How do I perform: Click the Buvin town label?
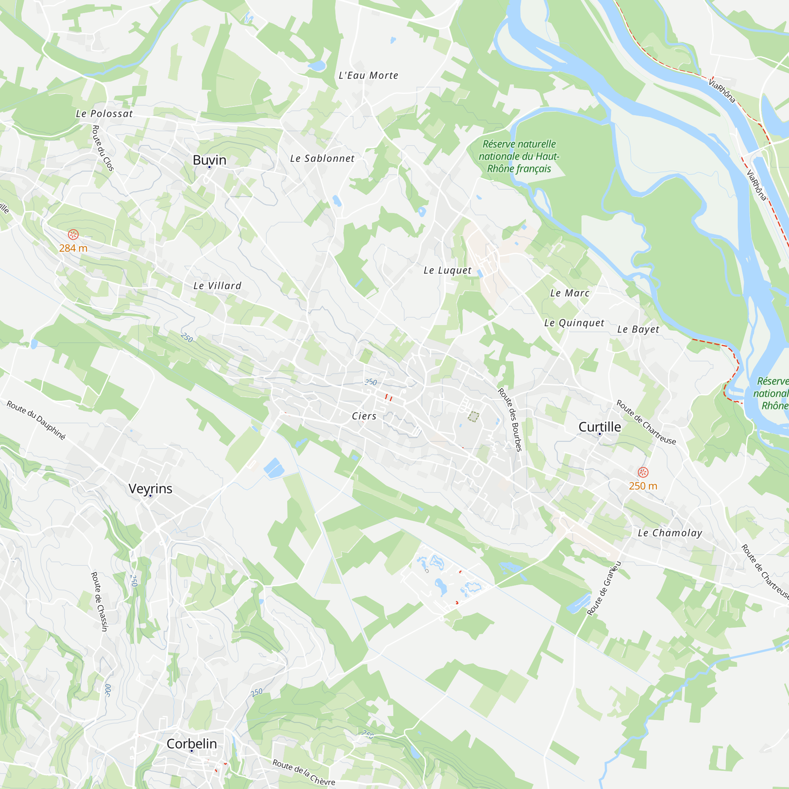click(209, 160)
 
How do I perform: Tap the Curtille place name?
click(600, 427)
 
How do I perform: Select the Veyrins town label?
click(150, 488)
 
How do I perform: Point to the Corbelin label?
click(192, 744)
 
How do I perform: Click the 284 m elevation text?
click(73, 248)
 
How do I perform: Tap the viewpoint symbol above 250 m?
click(643, 473)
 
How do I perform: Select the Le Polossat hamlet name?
click(105, 114)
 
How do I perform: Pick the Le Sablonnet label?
click(322, 159)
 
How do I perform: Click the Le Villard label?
click(218, 286)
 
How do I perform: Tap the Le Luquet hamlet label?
click(448, 270)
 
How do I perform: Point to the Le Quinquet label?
click(574, 323)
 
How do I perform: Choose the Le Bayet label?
click(638, 329)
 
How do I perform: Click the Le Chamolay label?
click(670, 533)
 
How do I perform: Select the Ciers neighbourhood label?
click(364, 416)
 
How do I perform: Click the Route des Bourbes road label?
click(510, 420)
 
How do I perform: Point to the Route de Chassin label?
click(99, 601)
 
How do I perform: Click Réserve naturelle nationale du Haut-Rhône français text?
click(519, 156)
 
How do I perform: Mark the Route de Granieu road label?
click(604, 588)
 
